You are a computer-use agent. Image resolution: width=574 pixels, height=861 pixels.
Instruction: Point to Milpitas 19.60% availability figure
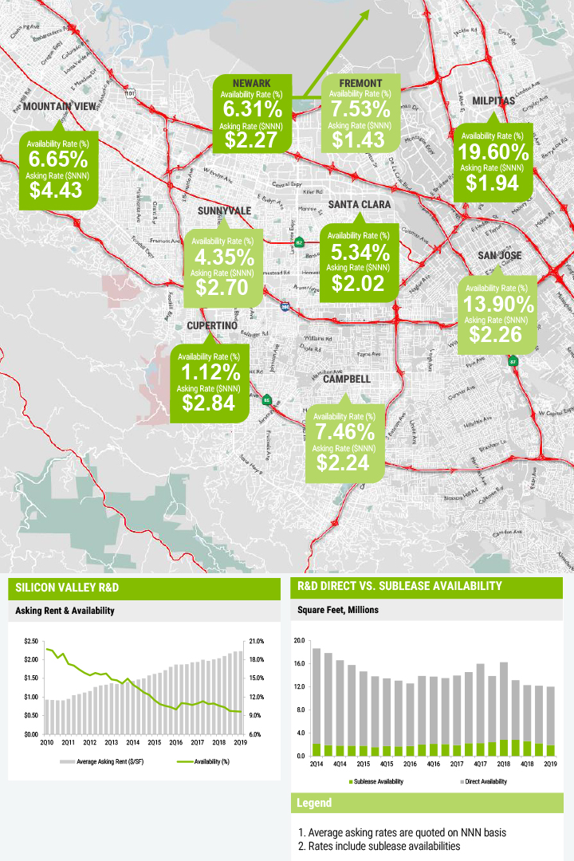(493, 152)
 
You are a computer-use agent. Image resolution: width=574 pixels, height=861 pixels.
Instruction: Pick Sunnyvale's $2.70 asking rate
(224, 287)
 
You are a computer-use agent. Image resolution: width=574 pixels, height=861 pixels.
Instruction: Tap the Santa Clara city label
(360, 205)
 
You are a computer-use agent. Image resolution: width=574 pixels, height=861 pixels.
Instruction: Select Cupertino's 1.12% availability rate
(209, 372)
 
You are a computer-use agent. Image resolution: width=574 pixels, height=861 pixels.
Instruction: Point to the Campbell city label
(347, 379)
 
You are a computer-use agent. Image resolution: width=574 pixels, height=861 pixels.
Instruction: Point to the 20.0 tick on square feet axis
(300, 641)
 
